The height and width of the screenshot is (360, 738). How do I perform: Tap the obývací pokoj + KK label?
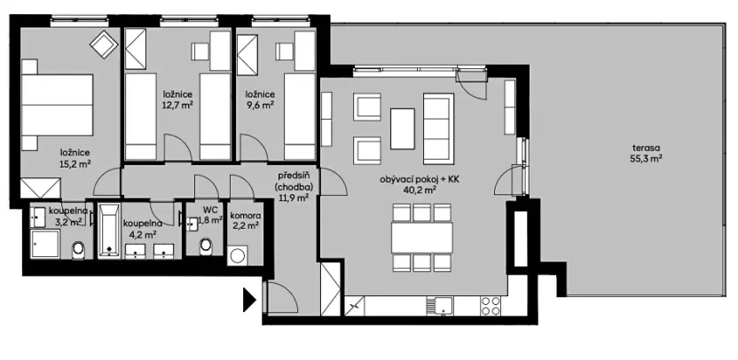tap(420, 184)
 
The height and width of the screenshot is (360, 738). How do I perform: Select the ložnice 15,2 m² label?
tap(75, 157)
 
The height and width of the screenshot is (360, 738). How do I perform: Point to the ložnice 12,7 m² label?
tap(177, 98)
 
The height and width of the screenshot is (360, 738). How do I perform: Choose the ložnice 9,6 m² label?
tap(261, 98)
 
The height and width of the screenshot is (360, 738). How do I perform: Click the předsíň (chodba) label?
tap(292, 186)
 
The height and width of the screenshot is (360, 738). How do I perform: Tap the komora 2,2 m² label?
tap(245, 221)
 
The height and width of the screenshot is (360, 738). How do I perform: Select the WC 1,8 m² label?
tap(210, 215)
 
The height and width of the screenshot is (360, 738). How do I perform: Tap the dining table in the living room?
tap(422, 236)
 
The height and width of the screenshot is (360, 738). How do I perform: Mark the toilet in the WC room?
tap(208, 245)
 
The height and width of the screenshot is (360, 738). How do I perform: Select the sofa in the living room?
tap(437, 127)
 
